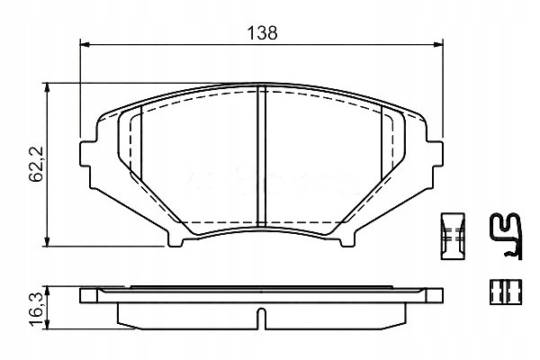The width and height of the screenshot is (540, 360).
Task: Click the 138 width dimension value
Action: pos(262,32)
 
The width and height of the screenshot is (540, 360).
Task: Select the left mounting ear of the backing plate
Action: pos(87,153)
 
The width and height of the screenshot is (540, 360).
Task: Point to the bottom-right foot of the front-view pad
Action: pos(346,238)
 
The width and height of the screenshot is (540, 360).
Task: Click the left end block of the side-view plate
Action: pos(90,295)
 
